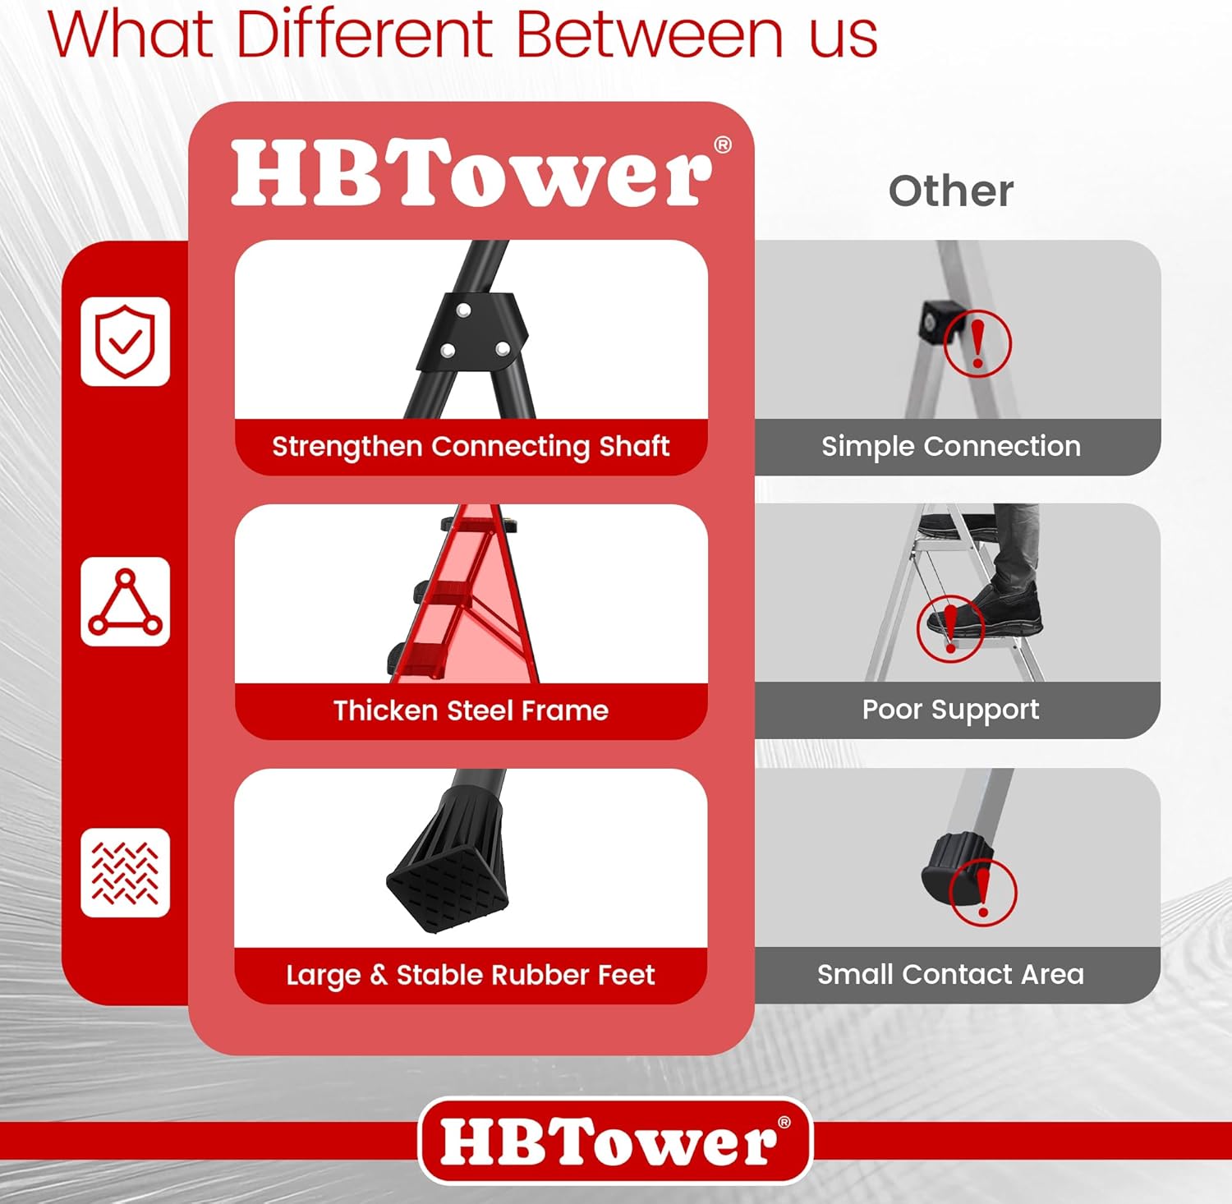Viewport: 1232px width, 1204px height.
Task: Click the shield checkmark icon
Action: [x=125, y=342]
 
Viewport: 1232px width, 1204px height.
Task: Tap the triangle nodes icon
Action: [x=125, y=602]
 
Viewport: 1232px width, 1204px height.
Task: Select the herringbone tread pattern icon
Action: [x=125, y=872]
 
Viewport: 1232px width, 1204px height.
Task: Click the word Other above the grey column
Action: [x=950, y=191]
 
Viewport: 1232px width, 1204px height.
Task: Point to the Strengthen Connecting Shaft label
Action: [x=471, y=446]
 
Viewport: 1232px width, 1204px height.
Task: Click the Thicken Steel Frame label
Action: [x=471, y=710]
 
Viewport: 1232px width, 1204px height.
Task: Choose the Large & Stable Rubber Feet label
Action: [x=471, y=975]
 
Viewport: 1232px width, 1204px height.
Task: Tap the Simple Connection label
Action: [x=950, y=446]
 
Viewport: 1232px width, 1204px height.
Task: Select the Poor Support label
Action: [x=950, y=710]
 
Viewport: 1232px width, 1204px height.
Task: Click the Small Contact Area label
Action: [x=950, y=974]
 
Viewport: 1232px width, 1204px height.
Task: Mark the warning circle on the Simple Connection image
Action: [x=977, y=343]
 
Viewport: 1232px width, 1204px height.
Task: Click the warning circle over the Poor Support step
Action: [x=950, y=628]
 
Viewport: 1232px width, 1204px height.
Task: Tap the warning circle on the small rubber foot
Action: [x=982, y=892]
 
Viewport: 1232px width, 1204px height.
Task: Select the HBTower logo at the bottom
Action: [x=615, y=1141]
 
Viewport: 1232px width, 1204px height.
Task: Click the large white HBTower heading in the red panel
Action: [x=472, y=174]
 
